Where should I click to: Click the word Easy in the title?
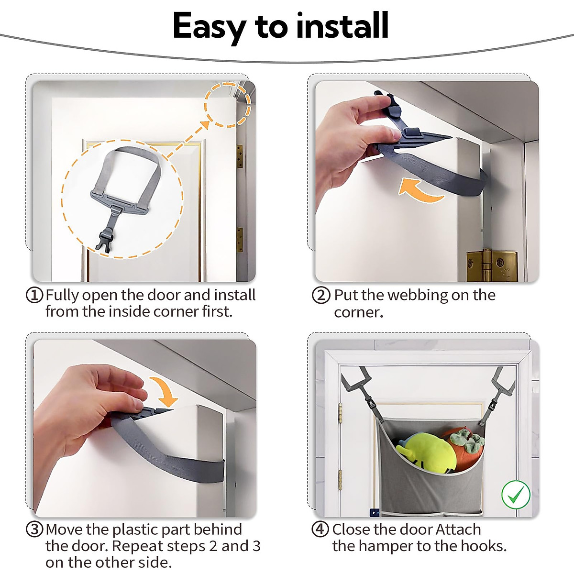[209, 27]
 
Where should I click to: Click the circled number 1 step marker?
[34, 295]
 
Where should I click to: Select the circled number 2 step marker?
[321, 295]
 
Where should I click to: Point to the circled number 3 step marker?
[34, 530]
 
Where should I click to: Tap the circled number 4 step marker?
[320, 530]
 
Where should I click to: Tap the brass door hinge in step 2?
[492, 265]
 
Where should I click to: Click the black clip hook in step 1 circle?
[104, 241]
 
